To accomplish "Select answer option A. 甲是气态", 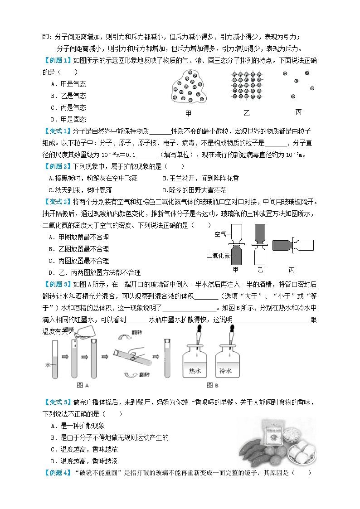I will [68, 84].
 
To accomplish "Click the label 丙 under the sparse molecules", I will [298, 112].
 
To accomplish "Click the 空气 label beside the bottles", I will [220, 234].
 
